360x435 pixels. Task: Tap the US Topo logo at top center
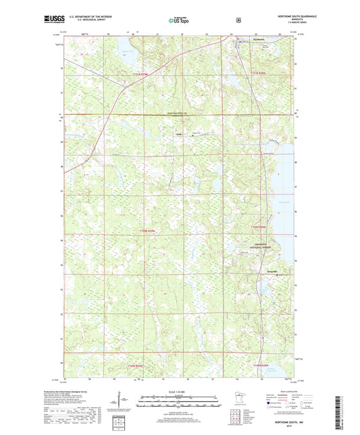[x=178, y=20]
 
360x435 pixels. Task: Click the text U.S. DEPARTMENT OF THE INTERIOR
[x=92, y=16]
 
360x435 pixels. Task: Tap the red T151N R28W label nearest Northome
[x=259, y=72]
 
